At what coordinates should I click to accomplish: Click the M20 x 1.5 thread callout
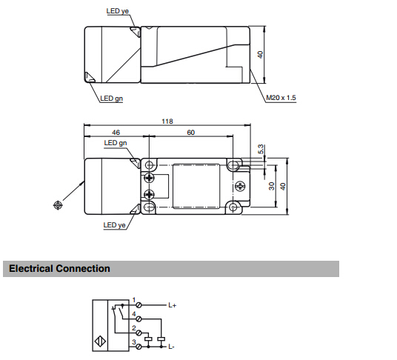pos(281,98)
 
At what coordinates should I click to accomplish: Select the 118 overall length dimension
pos(167,121)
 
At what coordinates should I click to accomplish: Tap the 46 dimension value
pos(116,133)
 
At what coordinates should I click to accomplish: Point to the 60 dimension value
pos(190,133)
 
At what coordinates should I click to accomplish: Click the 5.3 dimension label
pos(261,149)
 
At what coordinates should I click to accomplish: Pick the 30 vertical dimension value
pos(271,186)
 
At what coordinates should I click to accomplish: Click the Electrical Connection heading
pos(59,268)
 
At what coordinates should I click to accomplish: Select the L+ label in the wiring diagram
pos(172,305)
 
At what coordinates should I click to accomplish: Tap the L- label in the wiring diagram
pos(171,347)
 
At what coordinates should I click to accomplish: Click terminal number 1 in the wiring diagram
pos(134,300)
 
